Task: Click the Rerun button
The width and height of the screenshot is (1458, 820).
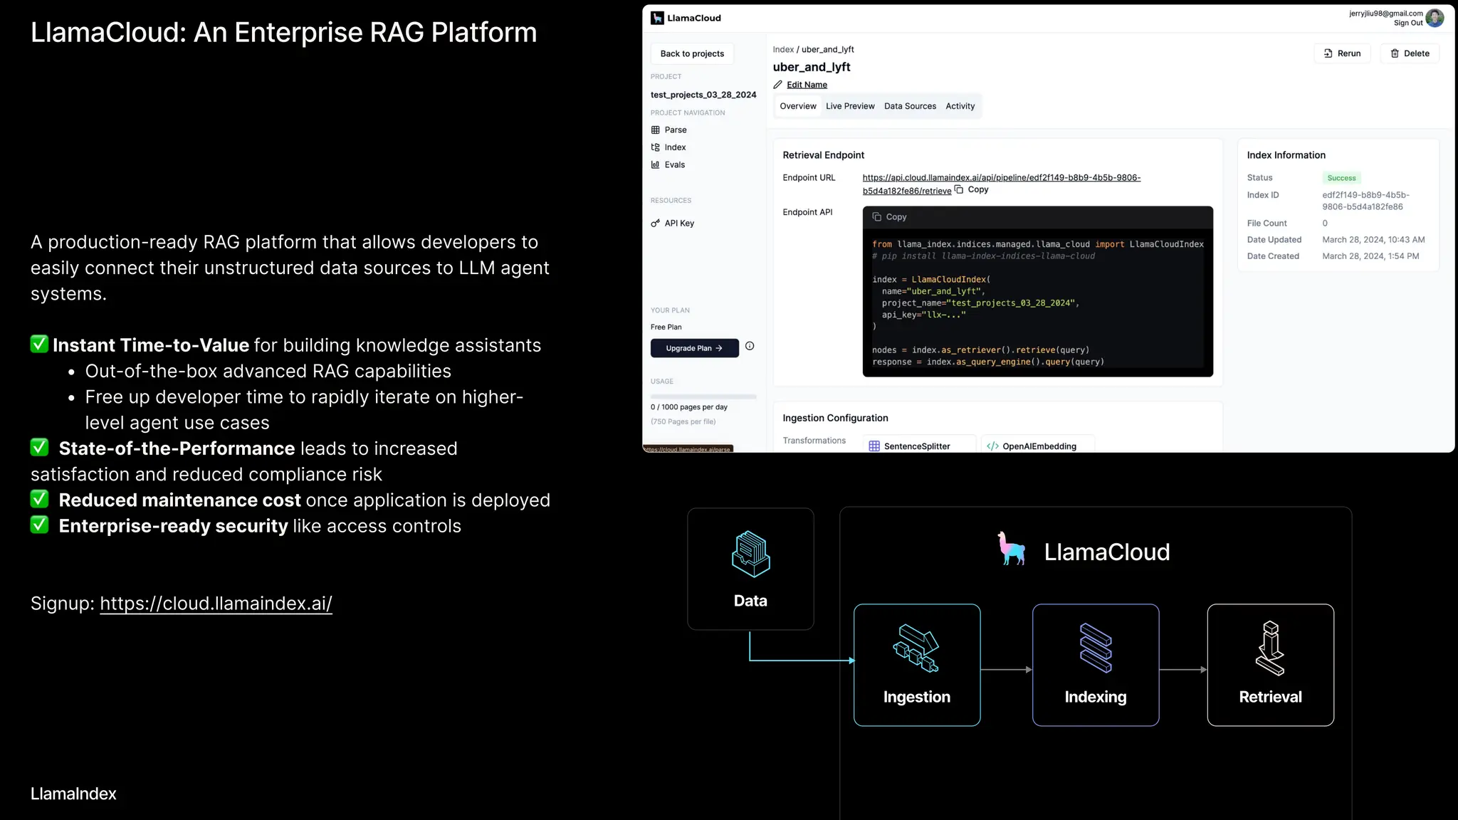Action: [x=1342, y=53]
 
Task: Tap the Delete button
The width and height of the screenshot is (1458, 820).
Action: [x=1410, y=53]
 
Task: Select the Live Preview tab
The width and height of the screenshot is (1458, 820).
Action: [x=850, y=106]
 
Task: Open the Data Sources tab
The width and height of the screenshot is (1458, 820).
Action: [x=910, y=106]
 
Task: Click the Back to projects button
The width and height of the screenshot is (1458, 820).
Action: [x=692, y=53]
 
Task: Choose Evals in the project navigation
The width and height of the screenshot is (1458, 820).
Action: [x=674, y=164]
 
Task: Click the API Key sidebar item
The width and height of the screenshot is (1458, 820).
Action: [x=678, y=223]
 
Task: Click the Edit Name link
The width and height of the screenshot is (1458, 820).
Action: [x=807, y=85]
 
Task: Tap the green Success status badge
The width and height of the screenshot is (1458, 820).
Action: [x=1341, y=178]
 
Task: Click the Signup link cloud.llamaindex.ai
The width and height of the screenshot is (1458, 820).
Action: [x=216, y=604]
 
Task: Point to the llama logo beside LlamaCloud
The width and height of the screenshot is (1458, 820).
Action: [x=1012, y=549]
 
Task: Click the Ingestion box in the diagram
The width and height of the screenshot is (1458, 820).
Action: [x=917, y=665]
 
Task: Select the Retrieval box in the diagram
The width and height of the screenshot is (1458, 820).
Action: [x=1270, y=665]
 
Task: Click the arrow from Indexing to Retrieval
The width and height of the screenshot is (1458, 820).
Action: [x=1182, y=670]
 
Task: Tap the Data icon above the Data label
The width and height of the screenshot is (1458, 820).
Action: [x=750, y=554]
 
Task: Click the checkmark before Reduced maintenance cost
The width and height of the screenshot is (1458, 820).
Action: [x=40, y=499]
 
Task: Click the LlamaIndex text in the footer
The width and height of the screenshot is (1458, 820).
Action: [x=73, y=794]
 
